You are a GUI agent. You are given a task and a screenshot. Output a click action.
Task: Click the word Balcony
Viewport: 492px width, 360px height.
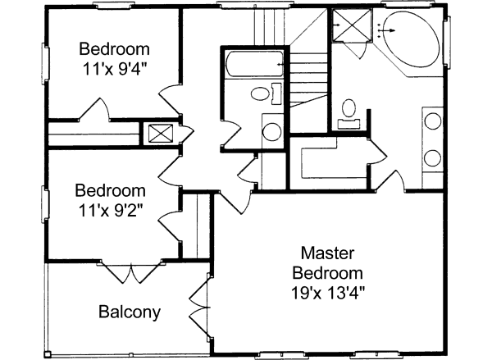tap(130, 312)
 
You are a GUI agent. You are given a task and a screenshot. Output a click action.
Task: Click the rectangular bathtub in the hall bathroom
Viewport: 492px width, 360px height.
tap(253, 64)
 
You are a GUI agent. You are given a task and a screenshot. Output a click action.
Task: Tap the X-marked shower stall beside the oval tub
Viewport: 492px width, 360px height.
tap(353, 28)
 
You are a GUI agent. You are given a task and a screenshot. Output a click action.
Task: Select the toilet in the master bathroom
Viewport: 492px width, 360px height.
tap(350, 110)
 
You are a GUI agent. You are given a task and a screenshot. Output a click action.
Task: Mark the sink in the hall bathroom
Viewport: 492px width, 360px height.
tap(270, 130)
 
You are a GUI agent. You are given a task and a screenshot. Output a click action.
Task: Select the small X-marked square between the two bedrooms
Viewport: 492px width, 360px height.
tap(158, 133)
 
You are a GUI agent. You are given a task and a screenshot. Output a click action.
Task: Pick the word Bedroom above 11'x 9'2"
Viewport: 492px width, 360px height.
tap(111, 190)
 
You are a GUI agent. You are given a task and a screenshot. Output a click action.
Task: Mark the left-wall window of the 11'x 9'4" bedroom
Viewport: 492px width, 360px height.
tap(46, 60)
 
